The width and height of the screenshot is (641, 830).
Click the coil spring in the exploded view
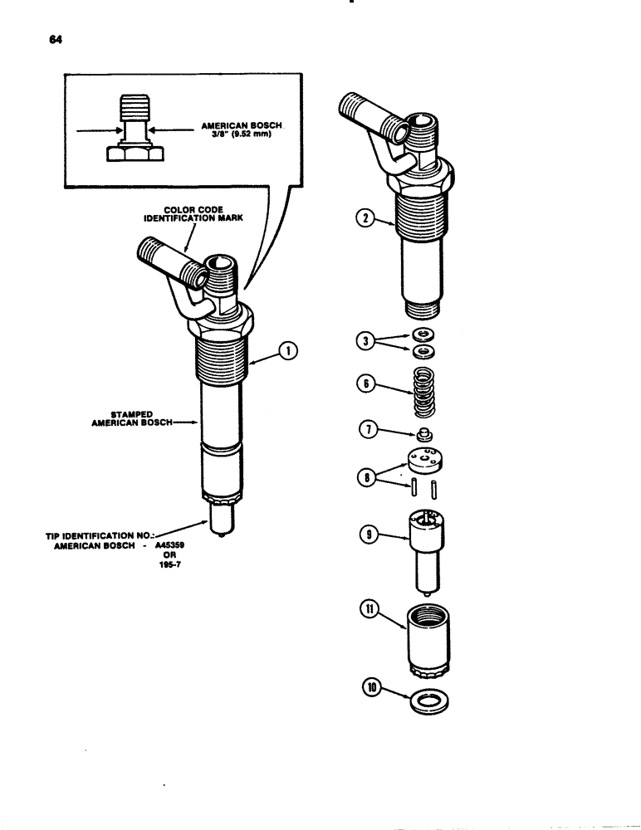[x=423, y=392]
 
